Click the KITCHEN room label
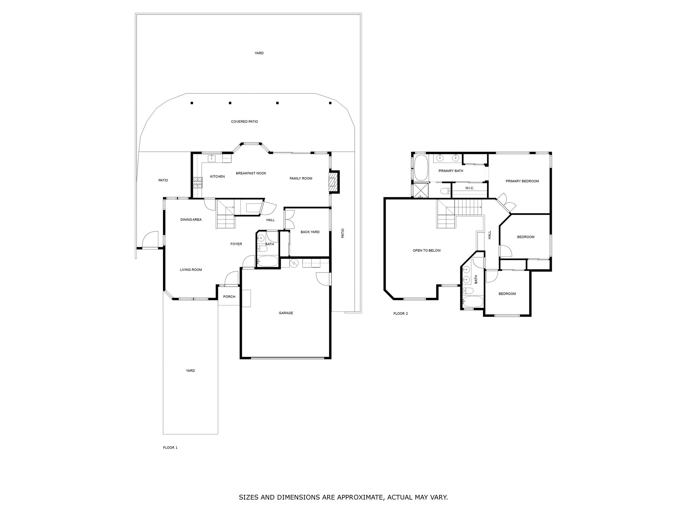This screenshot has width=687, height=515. point(217,177)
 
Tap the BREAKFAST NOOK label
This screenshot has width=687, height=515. point(251,173)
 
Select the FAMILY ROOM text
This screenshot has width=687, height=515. point(301,178)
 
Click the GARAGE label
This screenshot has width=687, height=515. point(286,313)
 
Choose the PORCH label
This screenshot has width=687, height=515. point(229,297)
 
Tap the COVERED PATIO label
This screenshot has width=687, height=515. point(245,122)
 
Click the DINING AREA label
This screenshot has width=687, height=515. point(191,220)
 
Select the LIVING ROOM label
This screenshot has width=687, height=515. point(191,270)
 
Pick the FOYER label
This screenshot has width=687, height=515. point(236,244)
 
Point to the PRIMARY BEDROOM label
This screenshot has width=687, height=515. point(522,181)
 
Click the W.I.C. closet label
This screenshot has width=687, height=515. point(470,188)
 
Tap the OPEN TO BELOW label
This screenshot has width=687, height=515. point(427,251)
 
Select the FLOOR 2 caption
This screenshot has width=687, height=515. point(401,314)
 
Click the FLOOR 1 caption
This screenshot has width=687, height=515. point(170,448)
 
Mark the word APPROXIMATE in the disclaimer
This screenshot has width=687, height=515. point(359,498)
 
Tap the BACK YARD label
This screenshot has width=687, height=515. point(310,232)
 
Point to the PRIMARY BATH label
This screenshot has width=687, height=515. point(451,171)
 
